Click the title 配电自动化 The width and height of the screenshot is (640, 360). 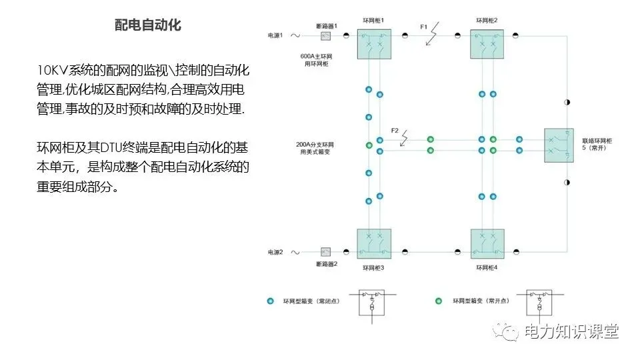tap(148, 25)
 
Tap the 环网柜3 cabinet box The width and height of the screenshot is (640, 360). tap(374, 244)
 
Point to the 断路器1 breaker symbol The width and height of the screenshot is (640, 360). tap(327, 36)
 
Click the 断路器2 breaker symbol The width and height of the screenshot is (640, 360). tap(327, 252)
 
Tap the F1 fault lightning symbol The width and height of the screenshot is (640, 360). tap(433, 33)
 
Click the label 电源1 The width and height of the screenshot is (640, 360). tap(275, 35)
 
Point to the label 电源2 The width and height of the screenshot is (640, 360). tap(275, 252)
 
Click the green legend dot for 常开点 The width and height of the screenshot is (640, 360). tap(439, 301)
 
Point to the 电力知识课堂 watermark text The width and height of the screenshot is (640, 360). tap(571, 331)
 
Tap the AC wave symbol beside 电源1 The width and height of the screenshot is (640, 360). tap(293, 35)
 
